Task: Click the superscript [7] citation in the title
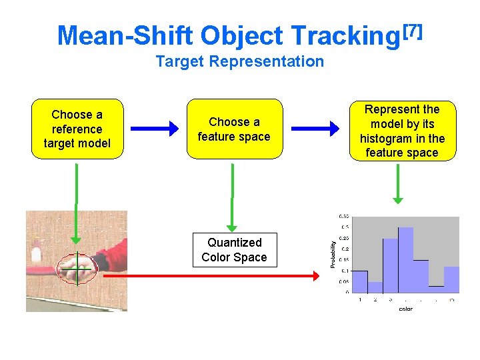tap(411, 30)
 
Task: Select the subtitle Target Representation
tap(239, 62)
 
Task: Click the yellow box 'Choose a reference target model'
tap(77, 129)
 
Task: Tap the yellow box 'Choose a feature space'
tap(234, 129)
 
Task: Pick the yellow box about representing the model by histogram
tap(402, 131)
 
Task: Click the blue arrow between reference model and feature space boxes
tap(154, 128)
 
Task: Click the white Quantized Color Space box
tap(234, 250)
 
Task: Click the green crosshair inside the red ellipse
tap(77, 268)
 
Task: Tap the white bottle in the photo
tap(36, 254)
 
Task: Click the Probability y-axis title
tap(333, 254)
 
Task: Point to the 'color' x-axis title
tap(405, 309)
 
